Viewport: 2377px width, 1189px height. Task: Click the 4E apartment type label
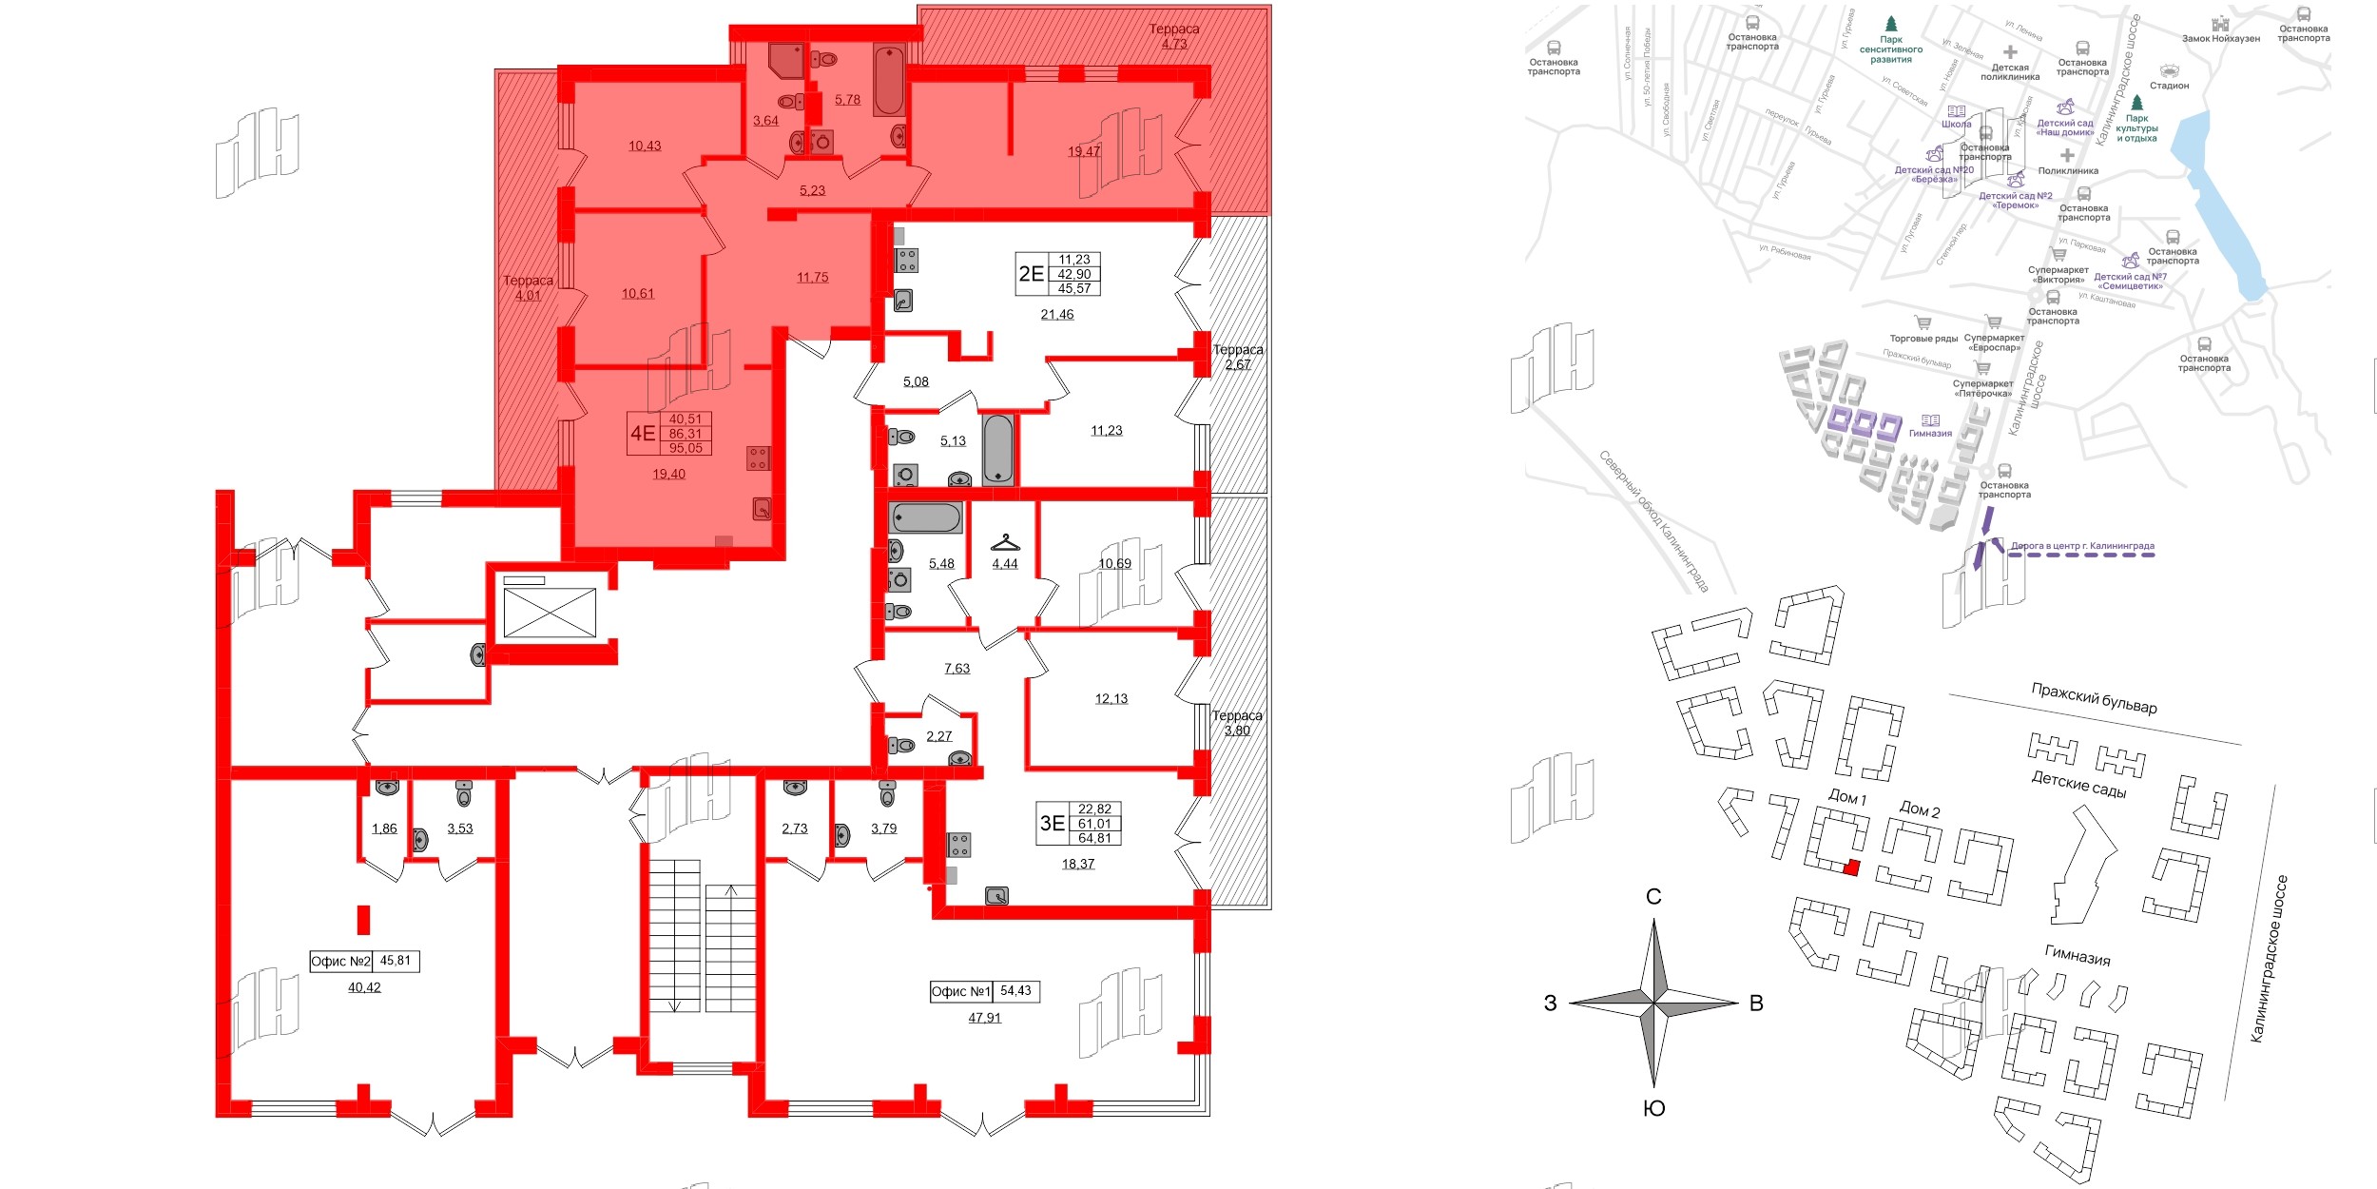(x=643, y=434)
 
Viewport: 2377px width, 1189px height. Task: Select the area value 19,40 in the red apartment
(x=668, y=474)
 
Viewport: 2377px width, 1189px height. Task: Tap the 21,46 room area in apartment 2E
(x=1056, y=315)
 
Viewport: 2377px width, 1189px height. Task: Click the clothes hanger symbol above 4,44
(x=1005, y=543)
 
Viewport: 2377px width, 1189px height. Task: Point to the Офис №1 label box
(x=984, y=991)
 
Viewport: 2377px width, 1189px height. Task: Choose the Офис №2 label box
(x=364, y=961)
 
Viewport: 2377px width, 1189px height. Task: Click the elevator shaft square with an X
(x=550, y=613)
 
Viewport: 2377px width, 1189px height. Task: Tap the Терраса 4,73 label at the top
(x=1173, y=36)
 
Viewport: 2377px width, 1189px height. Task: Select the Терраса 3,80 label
(x=1237, y=723)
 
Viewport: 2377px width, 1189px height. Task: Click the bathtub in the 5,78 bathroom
(x=889, y=81)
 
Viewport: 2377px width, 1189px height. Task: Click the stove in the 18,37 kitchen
(x=959, y=845)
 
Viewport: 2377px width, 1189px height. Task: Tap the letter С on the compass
(x=1653, y=897)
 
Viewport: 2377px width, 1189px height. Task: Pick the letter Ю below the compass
(x=1654, y=1108)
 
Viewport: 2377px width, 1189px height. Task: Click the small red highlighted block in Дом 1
(x=1850, y=867)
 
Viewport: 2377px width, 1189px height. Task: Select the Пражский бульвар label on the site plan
(x=2095, y=698)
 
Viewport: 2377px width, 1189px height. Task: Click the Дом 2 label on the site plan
(x=1920, y=809)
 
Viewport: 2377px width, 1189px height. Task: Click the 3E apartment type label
(x=1052, y=824)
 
